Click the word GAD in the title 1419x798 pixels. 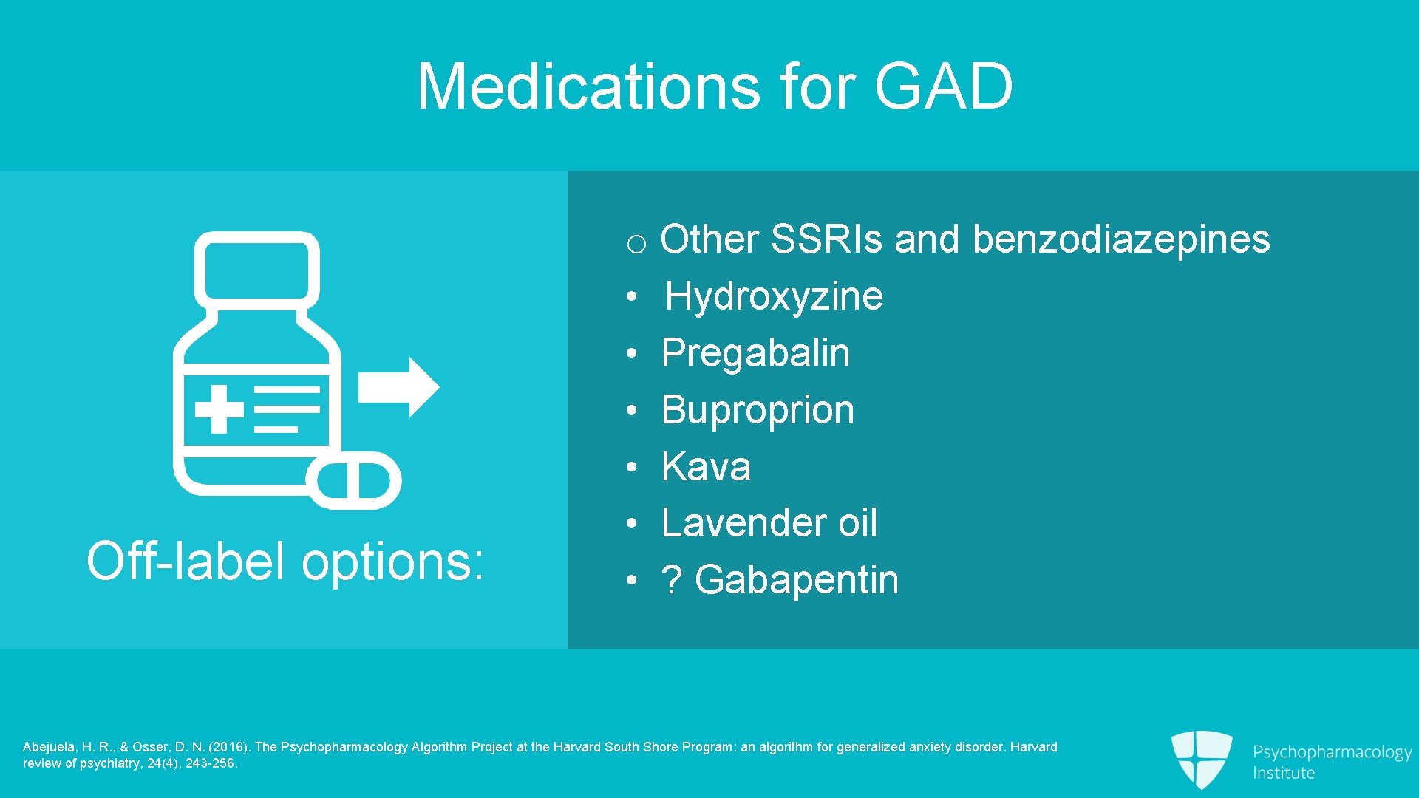point(943,86)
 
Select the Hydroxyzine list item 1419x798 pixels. point(773,297)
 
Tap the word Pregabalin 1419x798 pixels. point(755,353)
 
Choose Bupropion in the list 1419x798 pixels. point(758,410)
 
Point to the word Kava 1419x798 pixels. point(706,467)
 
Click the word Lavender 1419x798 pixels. point(744,523)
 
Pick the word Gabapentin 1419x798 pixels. point(797,580)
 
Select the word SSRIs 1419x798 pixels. point(826,239)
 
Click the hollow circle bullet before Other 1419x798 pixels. point(636,244)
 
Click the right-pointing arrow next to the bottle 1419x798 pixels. point(398,387)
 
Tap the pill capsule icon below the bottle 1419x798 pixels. point(354,481)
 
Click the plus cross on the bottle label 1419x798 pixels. point(219,409)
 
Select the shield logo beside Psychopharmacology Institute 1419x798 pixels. point(1202,758)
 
